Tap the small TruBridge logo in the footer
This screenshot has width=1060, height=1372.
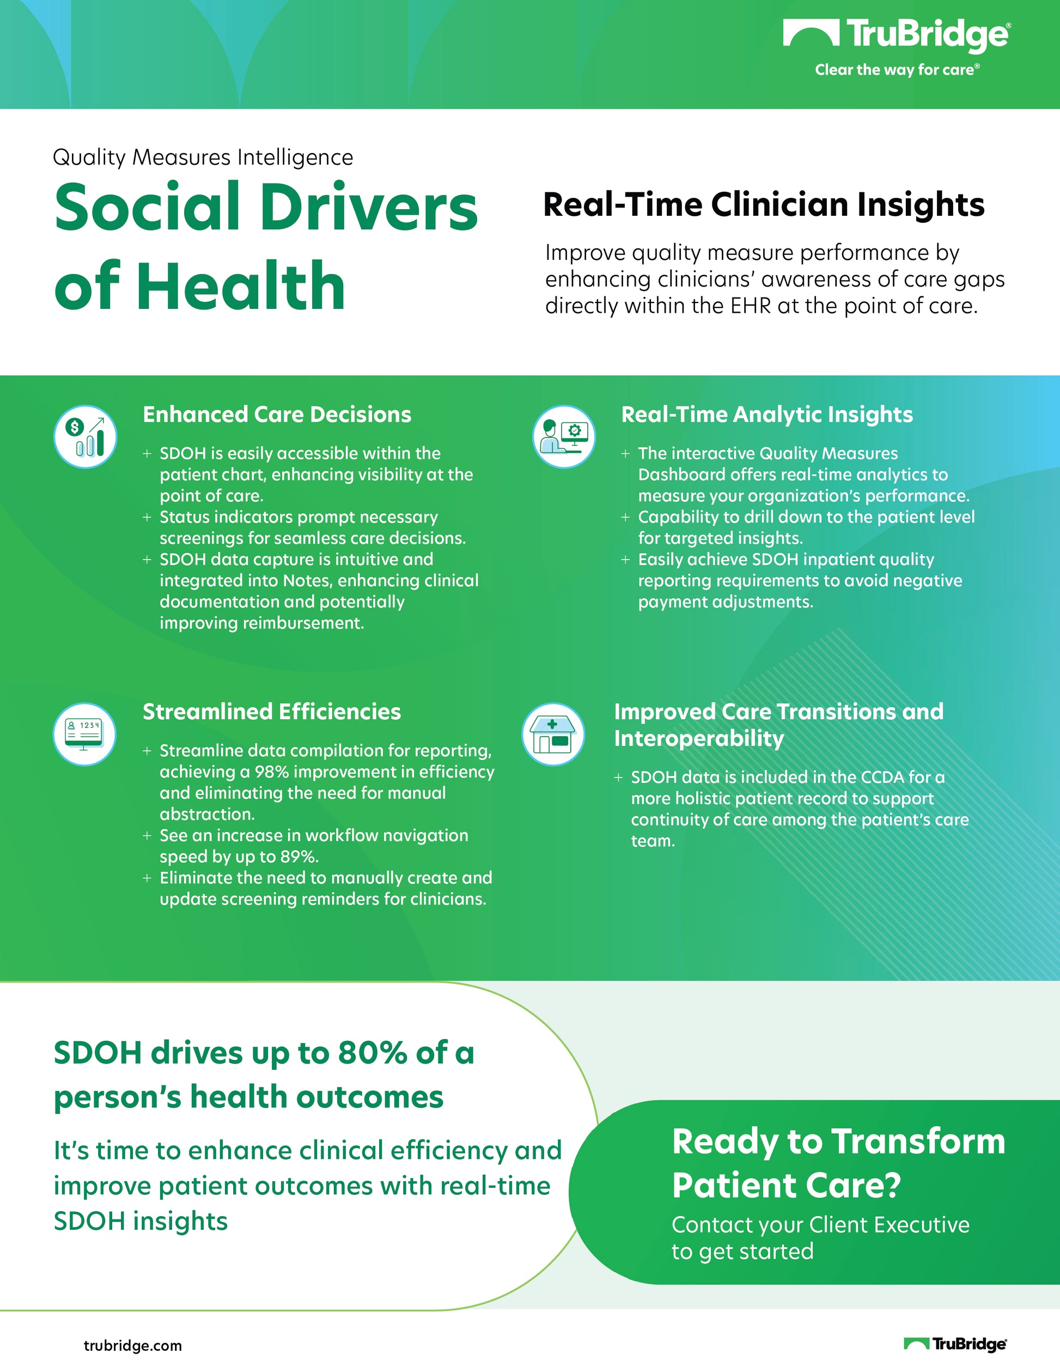[955, 1344]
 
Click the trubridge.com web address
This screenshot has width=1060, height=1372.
[132, 1346]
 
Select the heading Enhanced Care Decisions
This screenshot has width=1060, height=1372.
[277, 415]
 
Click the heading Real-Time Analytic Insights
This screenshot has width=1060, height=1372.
[767, 415]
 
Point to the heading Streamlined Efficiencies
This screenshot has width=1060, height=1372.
[271, 712]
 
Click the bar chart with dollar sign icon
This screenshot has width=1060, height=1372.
[85, 436]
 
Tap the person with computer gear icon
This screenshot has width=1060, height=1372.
[563, 436]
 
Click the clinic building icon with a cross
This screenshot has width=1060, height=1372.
[553, 734]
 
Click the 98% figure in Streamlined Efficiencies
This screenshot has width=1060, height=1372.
[271, 772]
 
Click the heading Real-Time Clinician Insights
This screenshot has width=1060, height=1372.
[764, 205]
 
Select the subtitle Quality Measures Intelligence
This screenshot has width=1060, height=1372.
[203, 157]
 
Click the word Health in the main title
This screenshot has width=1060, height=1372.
[241, 286]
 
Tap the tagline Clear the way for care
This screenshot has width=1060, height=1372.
[897, 70]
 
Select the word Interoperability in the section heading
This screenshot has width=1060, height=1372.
[699, 739]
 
